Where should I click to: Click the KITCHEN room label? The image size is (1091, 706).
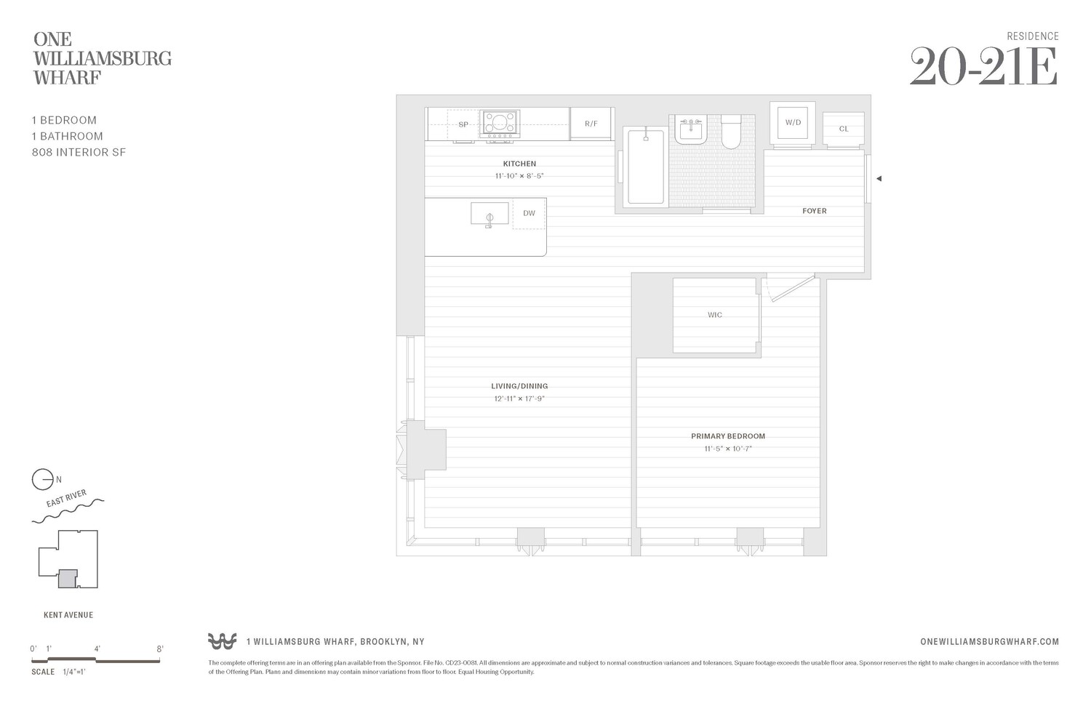(519, 164)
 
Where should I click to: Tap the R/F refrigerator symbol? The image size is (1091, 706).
(591, 124)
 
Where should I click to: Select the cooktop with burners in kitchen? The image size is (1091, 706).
(500, 124)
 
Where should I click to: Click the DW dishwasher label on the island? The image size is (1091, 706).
(529, 213)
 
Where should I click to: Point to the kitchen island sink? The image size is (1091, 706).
(489, 214)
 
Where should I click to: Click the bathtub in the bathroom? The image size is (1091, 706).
(645, 167)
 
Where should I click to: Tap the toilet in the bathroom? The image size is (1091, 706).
(730, 131)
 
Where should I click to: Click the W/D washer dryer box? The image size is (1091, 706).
(793, 122)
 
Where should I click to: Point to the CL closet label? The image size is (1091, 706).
(844, 129)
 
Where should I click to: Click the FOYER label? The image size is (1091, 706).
(814, 211)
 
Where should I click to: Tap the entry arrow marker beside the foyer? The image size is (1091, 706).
(879, 178)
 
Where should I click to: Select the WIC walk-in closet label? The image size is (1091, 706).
(715, 315)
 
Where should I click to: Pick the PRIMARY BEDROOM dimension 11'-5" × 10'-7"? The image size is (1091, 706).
(727, 449)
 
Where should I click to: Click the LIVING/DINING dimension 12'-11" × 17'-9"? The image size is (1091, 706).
(519, 398)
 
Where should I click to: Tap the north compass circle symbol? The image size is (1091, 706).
(42, 480)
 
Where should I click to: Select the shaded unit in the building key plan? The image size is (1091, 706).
(67, 578)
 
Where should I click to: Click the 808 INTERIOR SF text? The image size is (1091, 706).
(79, 152)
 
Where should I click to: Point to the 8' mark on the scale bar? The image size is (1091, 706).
(160, 649)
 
